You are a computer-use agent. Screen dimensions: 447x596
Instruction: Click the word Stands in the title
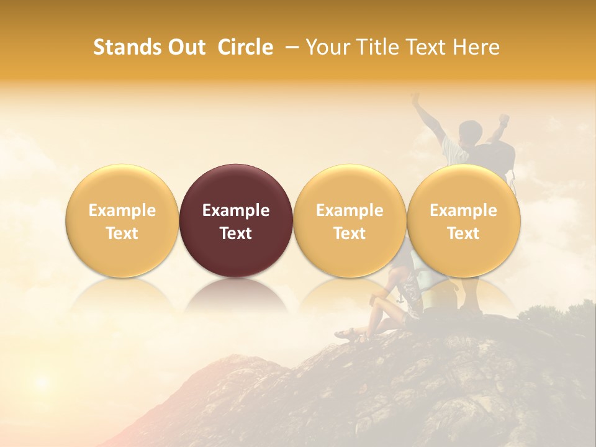(x=127, y=47)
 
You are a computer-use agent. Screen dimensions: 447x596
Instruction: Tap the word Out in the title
(x=187, y=47)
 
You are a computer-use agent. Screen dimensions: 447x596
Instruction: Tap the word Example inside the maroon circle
(x=236, y=210)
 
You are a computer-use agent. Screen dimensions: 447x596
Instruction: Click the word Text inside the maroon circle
(x=236, y=233)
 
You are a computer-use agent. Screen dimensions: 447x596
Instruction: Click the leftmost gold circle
(x=122, y=220)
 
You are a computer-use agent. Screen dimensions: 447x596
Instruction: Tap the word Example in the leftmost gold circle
(x=122, y=210)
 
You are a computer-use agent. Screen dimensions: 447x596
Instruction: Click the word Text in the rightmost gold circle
(x=464, y=233)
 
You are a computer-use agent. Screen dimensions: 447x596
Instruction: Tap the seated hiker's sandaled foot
(x=346, y=335)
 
